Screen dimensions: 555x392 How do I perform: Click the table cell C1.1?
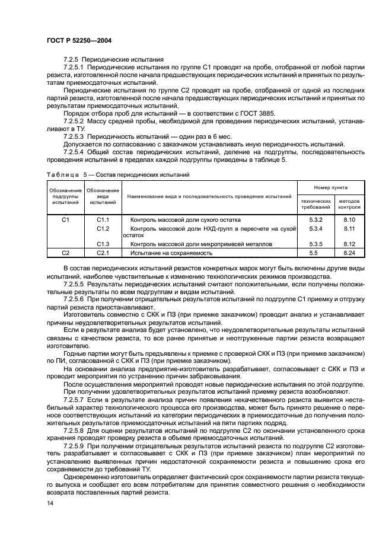(103, 219)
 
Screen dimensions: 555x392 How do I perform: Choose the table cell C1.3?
(103, 244)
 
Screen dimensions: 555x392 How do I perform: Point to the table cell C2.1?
(103, 253)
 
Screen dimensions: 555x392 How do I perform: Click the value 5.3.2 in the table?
(315, 219)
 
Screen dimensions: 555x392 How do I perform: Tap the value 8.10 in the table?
(349, 219)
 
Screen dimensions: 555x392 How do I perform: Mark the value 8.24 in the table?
(349, 253)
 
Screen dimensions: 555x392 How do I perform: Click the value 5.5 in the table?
(315, 253)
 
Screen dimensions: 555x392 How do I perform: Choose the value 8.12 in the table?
(349, 244)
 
